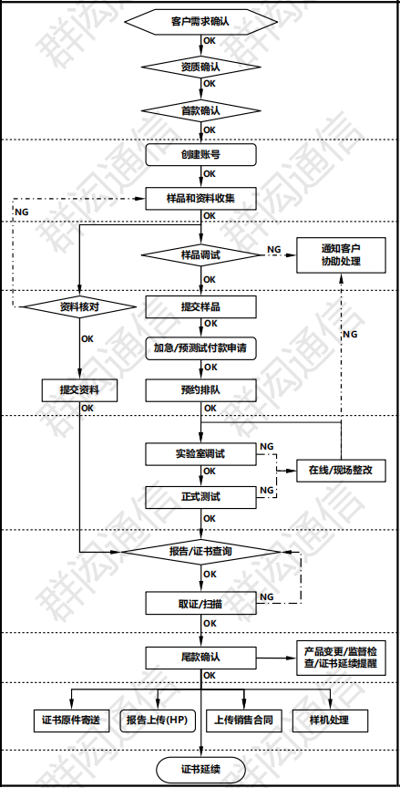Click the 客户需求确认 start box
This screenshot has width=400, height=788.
(x=200, y=19)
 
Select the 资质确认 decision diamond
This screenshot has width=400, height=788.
(x=200, y=67)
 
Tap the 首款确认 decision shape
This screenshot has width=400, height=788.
(x=200, y=109)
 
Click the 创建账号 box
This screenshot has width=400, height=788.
(x=200, y=154)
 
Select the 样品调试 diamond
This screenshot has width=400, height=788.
(x=200, y=254)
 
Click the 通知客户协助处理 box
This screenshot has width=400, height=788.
(x=341, y=254)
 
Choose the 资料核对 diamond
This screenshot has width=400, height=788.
(x=79, y=306)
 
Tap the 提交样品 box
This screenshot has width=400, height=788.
(x=200, y=306)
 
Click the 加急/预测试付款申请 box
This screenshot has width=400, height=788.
(x=200, y=347)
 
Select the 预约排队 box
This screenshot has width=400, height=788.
(x=200, y=390)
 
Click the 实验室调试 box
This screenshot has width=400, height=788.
(x=200, y=453)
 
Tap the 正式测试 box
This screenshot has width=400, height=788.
(x=200, y=498)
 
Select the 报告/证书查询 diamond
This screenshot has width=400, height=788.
(x=200, y=552)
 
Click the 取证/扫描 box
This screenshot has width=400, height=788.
(x=200, y=603)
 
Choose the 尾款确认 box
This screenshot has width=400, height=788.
(x=200, y=657)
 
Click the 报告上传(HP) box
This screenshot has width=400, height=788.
(x=156, y=720)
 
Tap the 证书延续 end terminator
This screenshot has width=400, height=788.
(x=200, y=769)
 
